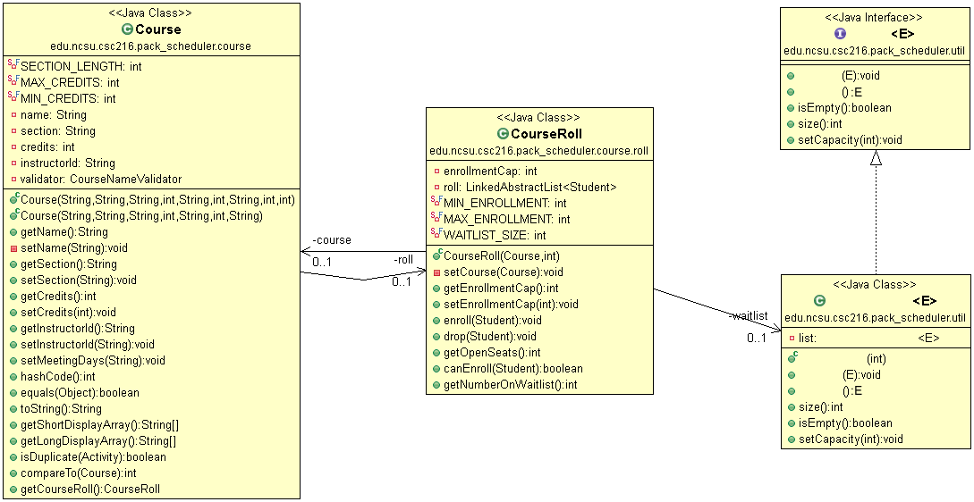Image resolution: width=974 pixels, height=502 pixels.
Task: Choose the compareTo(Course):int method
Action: tap(79, 473)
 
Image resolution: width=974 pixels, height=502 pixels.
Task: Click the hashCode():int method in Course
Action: tap(58, 376)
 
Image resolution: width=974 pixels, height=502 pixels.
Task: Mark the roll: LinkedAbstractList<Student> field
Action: tap(530, 187)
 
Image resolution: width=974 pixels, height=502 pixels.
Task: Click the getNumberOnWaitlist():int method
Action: tap(510, 384)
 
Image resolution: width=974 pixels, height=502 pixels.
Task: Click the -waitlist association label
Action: tap(748, 315)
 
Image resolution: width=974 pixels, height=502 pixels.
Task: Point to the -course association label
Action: tap(331, 240)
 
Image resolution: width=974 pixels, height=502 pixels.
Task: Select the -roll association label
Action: tap(402, 259)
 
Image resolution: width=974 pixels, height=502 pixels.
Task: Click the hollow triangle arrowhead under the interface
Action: tap(876, 158)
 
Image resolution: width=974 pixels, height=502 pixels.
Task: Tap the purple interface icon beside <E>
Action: tap(840, 33)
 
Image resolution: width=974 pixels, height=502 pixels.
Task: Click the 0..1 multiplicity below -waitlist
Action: tap(758, 338)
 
